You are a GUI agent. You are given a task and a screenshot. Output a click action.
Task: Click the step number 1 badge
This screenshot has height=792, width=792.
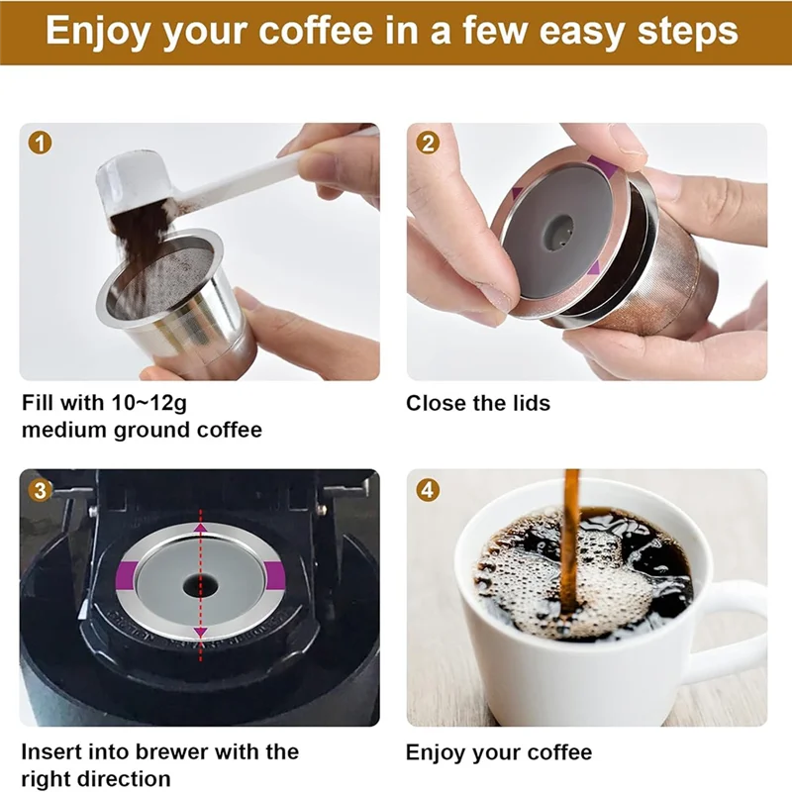tap(40, 144)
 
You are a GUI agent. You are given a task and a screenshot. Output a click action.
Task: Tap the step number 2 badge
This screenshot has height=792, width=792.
tap(428, 144)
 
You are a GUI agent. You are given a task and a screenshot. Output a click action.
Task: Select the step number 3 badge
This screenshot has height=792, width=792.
tap(40, 489)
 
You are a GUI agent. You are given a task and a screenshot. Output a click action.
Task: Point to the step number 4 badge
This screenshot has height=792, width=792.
tap(428, 489)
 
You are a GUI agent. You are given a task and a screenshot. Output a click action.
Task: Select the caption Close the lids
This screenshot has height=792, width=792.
tap(478, 404)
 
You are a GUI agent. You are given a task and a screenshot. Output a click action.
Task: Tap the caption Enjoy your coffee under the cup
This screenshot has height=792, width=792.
tap(499, 752)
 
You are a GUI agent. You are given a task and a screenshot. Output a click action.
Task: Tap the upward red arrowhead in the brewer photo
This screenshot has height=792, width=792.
tap(201, 530)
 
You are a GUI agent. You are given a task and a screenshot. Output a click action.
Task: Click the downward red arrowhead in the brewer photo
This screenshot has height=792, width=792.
tap(201, 631)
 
